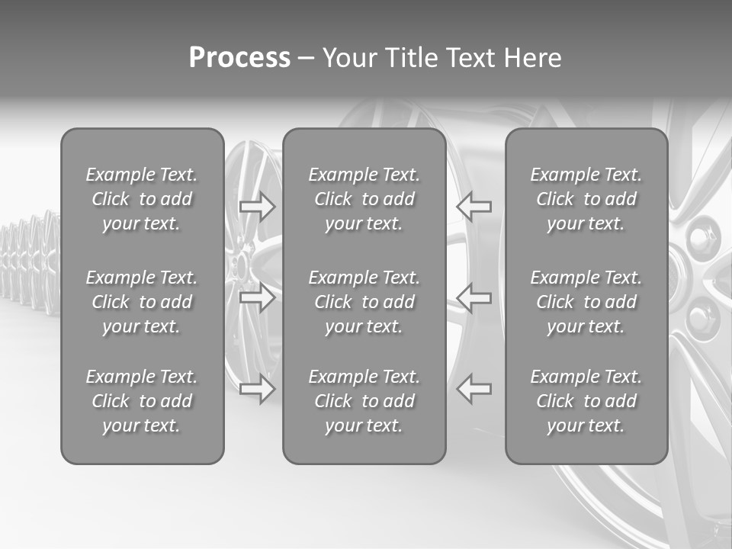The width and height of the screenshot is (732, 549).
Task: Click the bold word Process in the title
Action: (239, 58)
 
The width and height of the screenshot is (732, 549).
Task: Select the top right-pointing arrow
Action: (258, 207)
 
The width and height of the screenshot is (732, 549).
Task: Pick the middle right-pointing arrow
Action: (258, 298)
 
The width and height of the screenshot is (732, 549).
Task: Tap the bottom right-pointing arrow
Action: (258, 390)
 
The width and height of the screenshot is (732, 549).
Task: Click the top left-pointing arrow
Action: (474, 207)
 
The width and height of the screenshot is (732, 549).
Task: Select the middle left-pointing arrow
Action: (474, 298)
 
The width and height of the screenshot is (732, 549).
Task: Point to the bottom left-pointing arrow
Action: (474, 390)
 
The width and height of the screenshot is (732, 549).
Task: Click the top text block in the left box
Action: (142, 199)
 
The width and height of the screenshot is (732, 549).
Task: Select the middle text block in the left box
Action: (142, 302)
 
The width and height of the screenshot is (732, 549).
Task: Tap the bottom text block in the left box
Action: (142, 401)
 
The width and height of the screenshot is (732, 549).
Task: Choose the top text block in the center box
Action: (364, 199)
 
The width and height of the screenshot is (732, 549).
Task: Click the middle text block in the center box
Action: (364, 302)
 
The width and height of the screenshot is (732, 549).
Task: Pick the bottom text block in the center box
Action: (364, 401)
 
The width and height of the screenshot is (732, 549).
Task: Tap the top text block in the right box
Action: (586, 199)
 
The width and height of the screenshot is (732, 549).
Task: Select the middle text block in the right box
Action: (586, 302)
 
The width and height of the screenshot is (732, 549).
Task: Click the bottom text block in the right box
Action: (586, 401)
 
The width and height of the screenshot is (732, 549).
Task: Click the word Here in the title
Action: (533, 58)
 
